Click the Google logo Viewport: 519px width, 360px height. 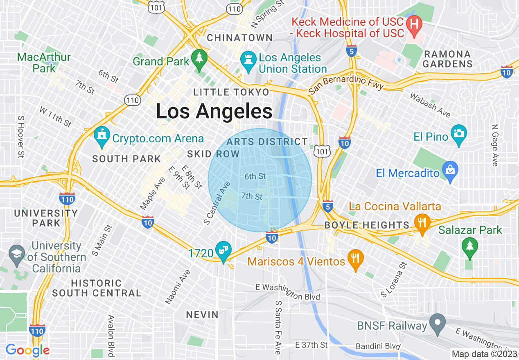[27, 350]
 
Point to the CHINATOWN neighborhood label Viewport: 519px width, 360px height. [240, 38]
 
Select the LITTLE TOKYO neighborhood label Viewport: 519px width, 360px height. [231, 92]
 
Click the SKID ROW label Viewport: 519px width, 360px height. [213, 154]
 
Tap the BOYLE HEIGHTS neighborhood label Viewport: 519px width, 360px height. [366, 225]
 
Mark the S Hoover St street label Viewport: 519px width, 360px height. [20, 136]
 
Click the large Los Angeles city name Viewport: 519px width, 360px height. [214, 111]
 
